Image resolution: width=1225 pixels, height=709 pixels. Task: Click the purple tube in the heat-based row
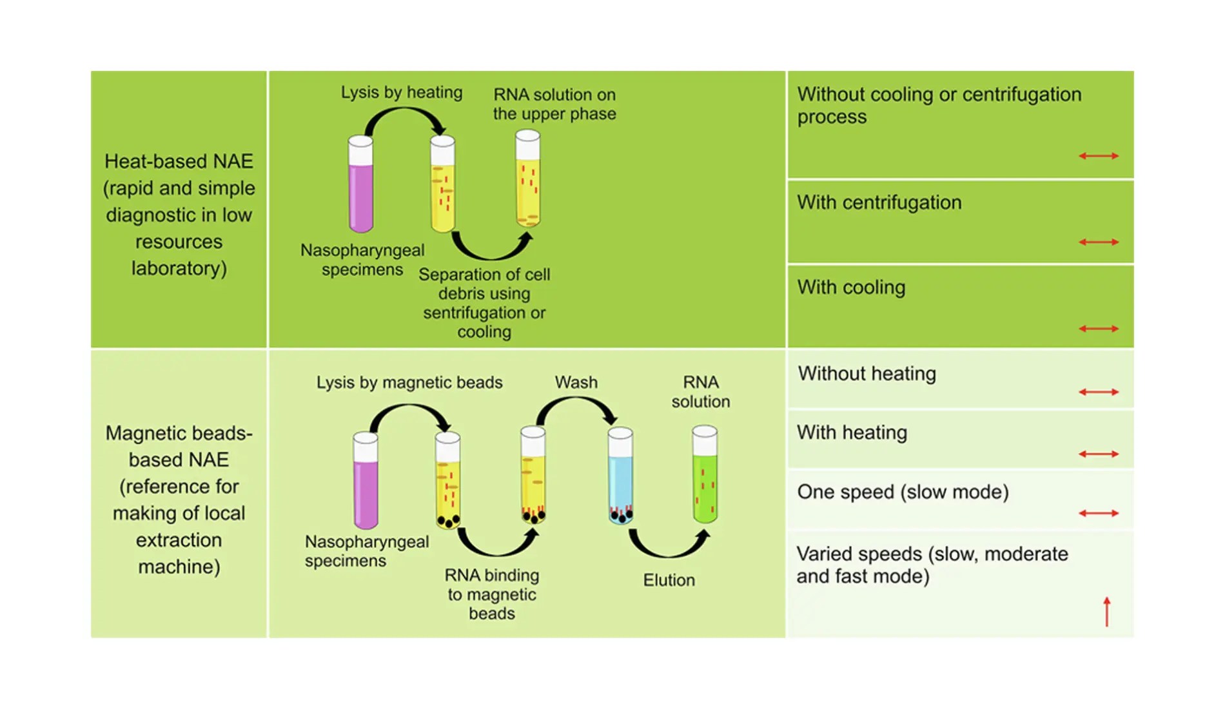click(x=360, y=184)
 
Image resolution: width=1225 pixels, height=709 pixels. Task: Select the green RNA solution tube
click(x=705, y=474)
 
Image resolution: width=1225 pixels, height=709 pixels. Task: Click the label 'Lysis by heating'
click(x=402, y=92)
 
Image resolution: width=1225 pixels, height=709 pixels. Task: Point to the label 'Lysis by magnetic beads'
click(x=409, y=382)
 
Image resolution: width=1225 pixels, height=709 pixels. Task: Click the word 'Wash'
click(x=576, y=382)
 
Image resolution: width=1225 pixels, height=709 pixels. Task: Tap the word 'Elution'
click(x=669, y=580)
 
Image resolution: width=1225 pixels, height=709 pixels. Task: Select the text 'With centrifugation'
click(x=879, y=202)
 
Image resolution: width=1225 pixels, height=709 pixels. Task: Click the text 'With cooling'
click(x=851, y=287)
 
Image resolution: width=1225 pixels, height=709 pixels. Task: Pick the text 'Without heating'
click(x=867, y=374)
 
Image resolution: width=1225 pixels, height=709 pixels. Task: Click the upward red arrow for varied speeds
click(x=1107, y=612)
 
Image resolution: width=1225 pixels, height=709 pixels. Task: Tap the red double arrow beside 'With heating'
click(x=1099, y=454)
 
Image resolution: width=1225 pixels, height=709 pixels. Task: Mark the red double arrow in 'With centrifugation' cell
click(x=1099, y=242)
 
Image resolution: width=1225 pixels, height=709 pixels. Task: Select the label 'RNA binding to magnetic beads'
click(x=492, y=594)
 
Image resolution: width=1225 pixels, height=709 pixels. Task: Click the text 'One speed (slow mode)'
click(x=903, y=492)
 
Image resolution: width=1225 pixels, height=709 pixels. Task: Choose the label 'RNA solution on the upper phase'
click(x=554, y=104)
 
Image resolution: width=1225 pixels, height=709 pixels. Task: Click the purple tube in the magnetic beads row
click(x=366, y=481)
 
